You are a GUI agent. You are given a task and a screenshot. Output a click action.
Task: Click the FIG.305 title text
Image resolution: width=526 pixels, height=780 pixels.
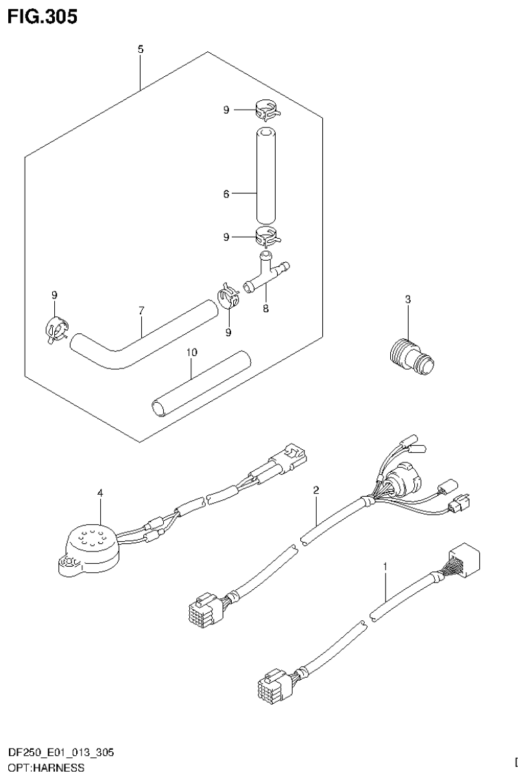tap(43, 16)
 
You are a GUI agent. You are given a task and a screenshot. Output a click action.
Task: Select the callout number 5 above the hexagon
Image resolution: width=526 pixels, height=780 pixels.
tap(140, 49)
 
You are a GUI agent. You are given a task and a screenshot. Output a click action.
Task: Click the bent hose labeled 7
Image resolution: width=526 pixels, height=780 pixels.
tap(137, 340)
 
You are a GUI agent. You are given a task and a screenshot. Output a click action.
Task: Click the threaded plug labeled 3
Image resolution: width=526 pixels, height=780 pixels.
tap(409, 353)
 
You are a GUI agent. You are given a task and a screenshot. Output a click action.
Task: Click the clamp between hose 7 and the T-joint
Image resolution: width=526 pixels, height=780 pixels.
tap(228, 296)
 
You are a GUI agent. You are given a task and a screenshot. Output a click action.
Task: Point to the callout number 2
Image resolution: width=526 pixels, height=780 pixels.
tap(315, 490)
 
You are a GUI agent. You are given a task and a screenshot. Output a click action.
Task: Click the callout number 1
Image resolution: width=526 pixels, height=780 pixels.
tap(385, 567)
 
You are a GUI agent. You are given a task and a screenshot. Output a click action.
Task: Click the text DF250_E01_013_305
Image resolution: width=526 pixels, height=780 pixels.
tap(61, 753)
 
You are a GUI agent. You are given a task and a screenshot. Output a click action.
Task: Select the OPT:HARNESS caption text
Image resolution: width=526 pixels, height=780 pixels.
tap(46, 768)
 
